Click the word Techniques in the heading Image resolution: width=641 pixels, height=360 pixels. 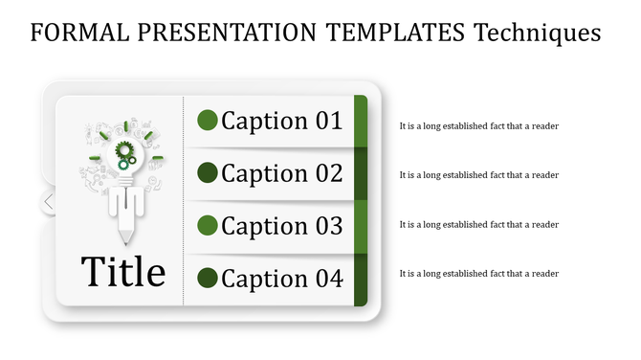click(538, 34)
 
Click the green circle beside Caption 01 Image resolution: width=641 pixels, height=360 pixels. click(208, 121)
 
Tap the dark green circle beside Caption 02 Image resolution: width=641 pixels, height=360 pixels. click(208, 173)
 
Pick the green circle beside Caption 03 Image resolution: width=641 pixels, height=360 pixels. click(208, 226)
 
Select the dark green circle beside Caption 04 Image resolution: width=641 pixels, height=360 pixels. click(208, 279)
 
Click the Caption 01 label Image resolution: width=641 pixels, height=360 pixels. click(281, 121)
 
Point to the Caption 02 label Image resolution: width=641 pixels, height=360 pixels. click(281, 173)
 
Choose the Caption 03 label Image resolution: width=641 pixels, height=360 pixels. click(281, 226)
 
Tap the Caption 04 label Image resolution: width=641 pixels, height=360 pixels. click(281, 279)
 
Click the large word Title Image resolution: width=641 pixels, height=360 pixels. click(123, 272)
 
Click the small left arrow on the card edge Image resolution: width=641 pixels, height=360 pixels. click(49, 202)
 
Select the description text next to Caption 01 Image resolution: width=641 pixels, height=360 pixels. click(478, 125)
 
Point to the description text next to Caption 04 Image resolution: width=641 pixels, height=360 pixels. click(478, 274)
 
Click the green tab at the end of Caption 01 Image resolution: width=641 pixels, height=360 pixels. click(361, 121)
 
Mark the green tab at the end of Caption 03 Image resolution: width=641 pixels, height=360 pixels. click(361, 226)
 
